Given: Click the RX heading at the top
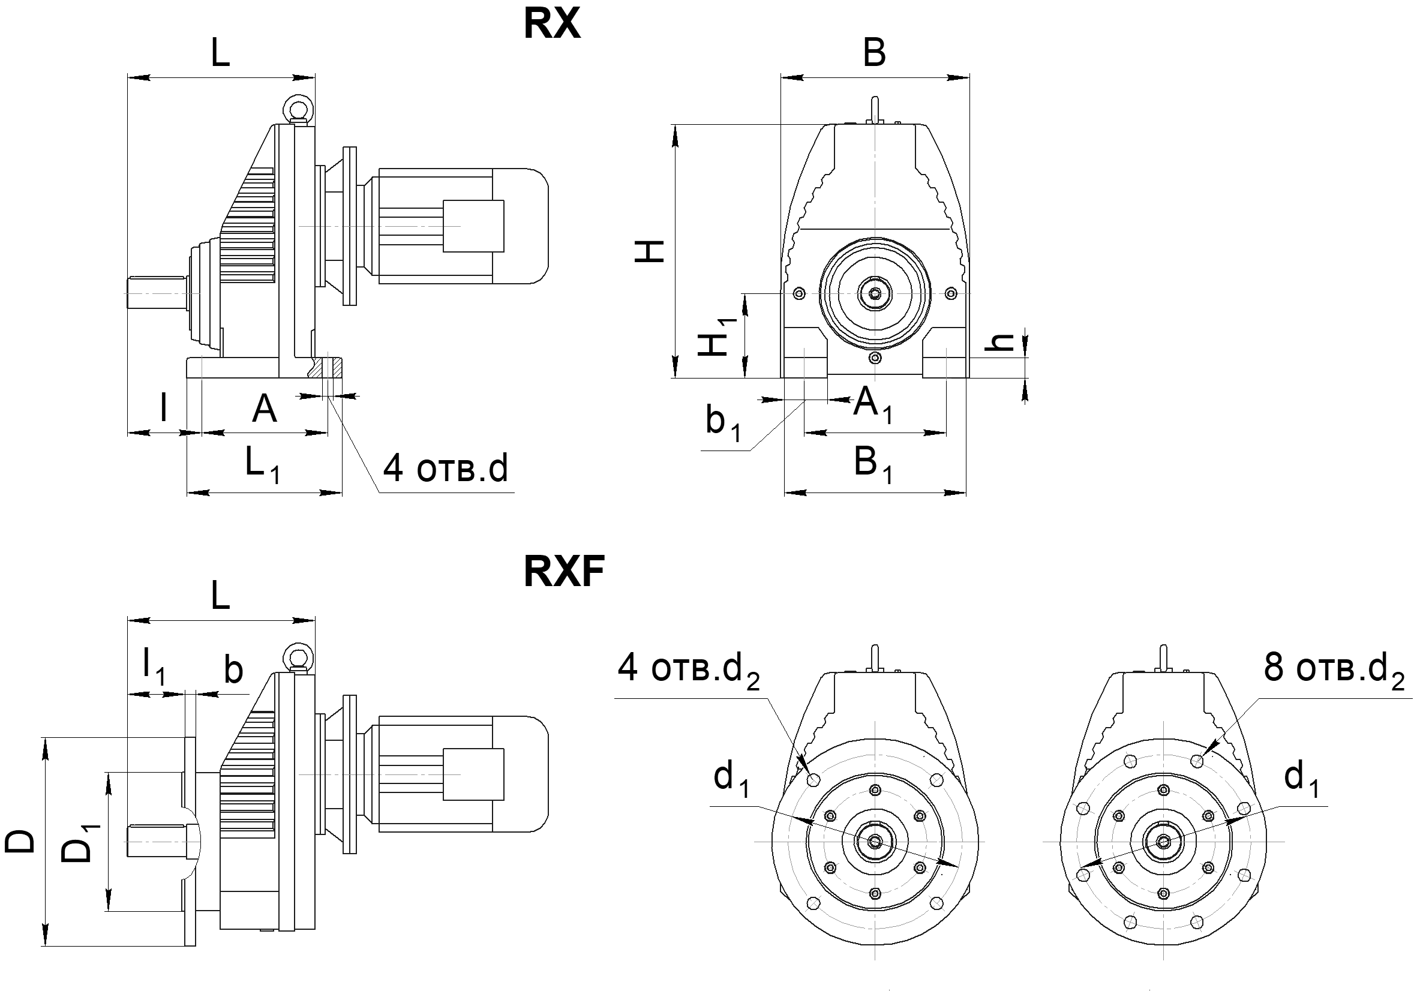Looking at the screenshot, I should coord(552,25).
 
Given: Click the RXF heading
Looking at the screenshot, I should coord(563,571).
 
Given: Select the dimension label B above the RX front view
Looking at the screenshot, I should coord(875,52).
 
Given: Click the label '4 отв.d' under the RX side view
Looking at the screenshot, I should coord(445,469).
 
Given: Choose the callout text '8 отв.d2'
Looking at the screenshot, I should coord(1334,668).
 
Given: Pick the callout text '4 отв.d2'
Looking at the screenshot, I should coord(689,669).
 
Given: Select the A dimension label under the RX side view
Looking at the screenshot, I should coord(264,409).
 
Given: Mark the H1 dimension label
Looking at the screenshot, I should coord(716,338).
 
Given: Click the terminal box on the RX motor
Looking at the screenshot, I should coord(473,226).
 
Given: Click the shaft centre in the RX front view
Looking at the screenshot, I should coord(875,295).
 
